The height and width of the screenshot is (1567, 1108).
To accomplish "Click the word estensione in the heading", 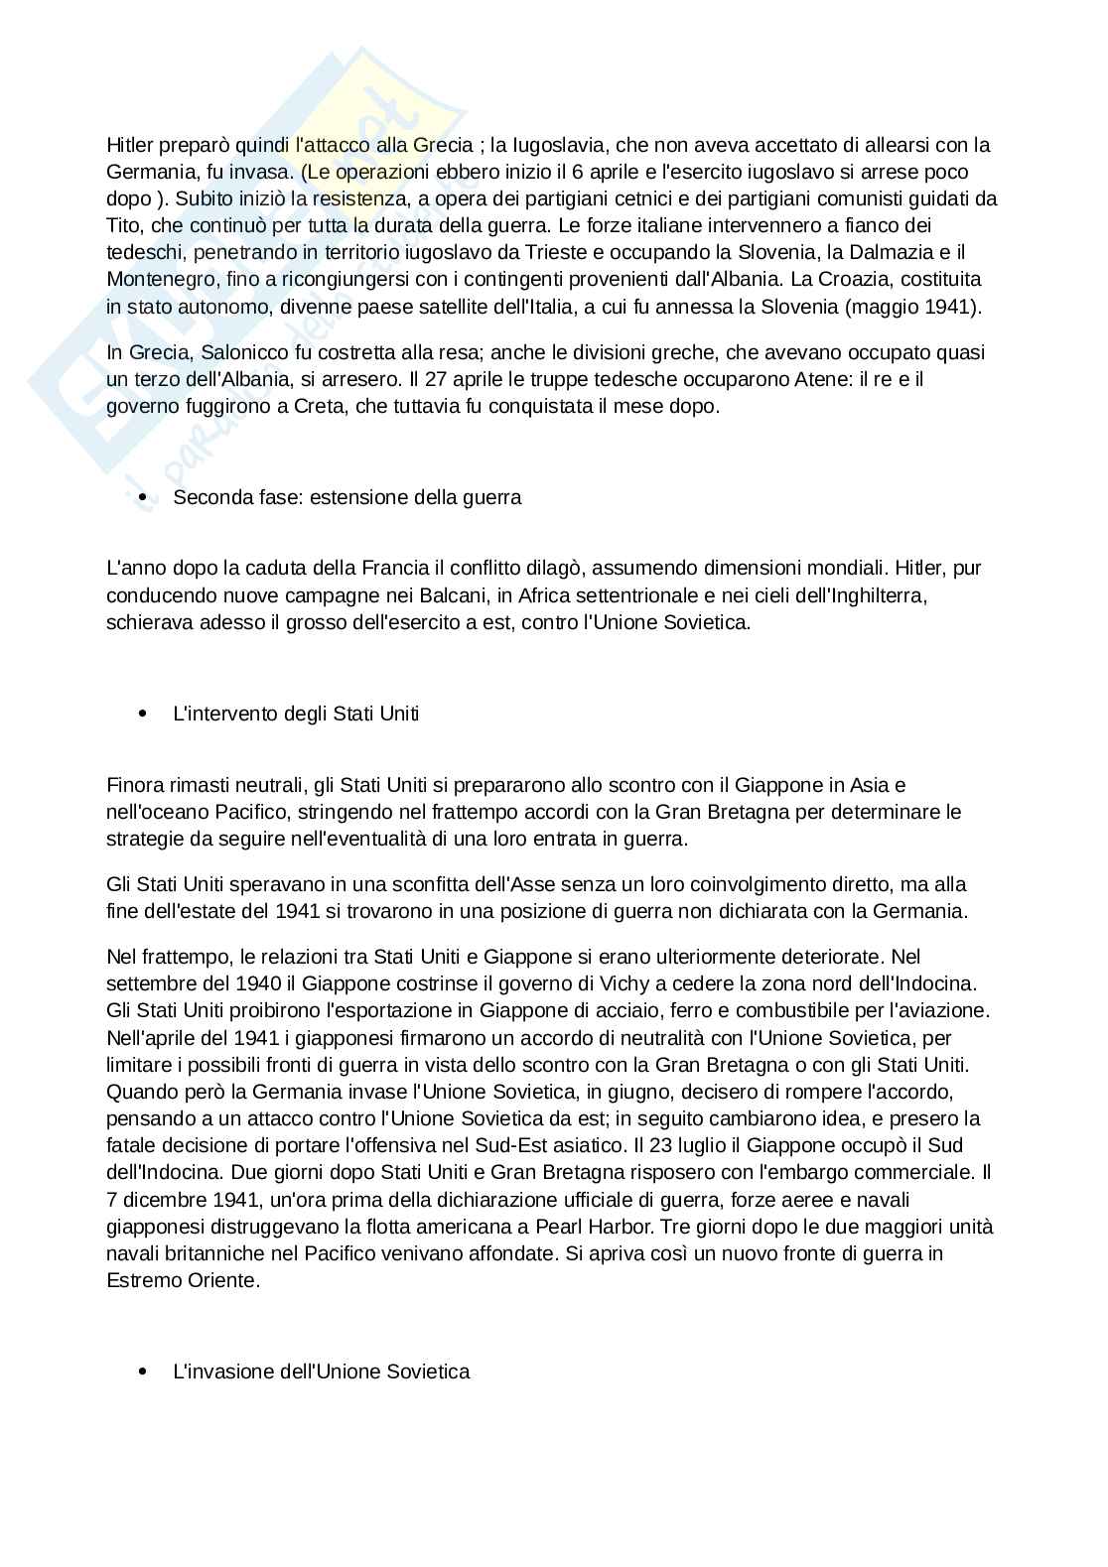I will [356, 497].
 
